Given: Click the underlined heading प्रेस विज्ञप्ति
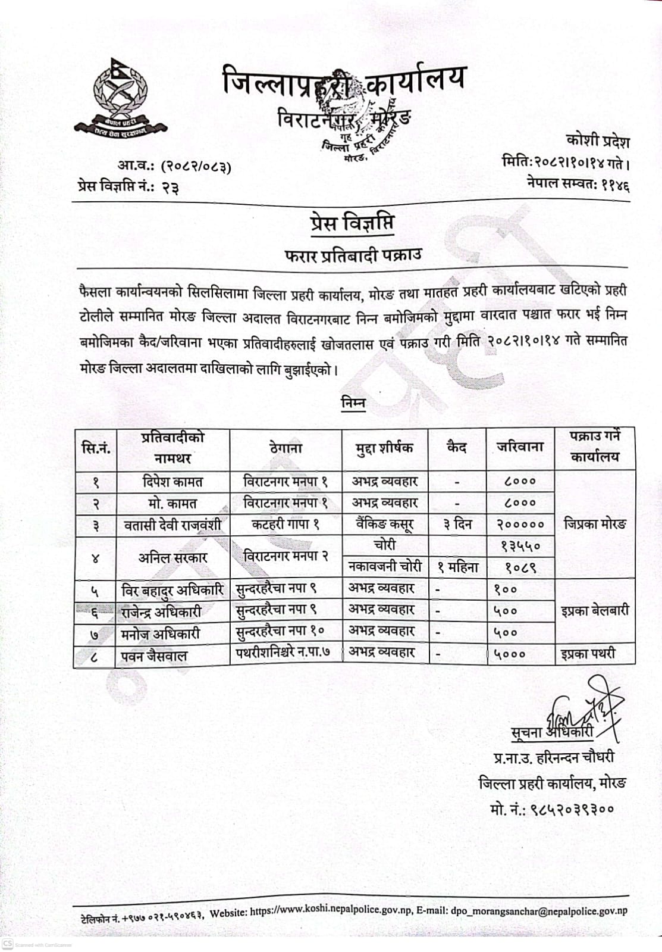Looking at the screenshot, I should click(x=351, y=224).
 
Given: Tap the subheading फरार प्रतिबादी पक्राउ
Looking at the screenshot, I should click(x=353, y=255).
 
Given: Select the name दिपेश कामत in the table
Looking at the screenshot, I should click(x=173, y=482).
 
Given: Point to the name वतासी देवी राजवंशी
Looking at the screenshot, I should click(x=172, y=525).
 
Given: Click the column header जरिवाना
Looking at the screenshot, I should click(x=520, y=447).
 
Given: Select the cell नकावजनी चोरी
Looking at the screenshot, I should click(x=385, y=567).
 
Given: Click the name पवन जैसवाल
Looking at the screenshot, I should click(x=154, y=656).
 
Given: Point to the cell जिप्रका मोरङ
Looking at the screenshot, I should click(x=594, y=525).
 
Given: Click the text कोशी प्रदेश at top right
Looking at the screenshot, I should click(x=597, y=142).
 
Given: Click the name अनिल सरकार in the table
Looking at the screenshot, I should click(x=172, y=558).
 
